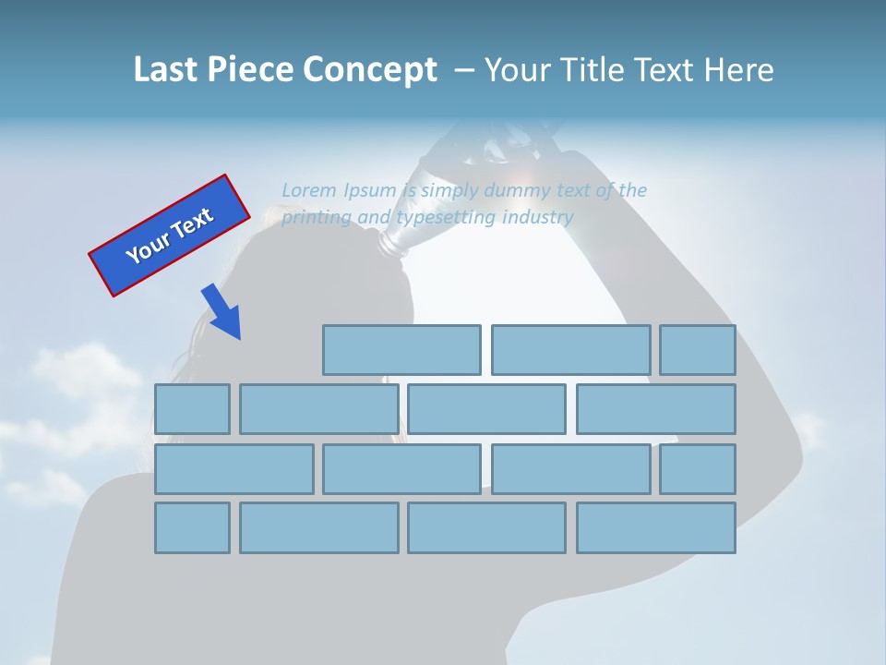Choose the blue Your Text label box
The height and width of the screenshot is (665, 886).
click(169, 236)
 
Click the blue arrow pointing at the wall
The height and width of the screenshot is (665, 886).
click(221, 312)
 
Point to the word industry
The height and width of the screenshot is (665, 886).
click(537, 217)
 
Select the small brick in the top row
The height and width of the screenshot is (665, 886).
click(697, 350)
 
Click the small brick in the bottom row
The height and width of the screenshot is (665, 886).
click(192, 527)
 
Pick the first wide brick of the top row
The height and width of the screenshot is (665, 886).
click(401, 350)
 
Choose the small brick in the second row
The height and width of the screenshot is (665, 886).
click(192, 409)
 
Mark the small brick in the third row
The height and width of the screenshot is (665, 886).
click(697, 469)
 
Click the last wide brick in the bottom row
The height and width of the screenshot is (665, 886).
click(655, 527)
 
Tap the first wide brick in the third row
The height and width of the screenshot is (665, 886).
click(233, 469)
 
